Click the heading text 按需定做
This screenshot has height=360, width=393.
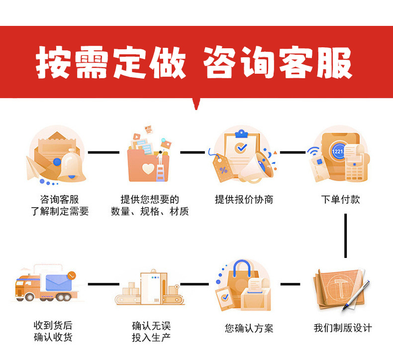pos(110,63)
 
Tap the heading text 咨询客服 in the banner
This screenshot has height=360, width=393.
pos(279,63)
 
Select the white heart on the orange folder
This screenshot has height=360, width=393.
pos(148,168)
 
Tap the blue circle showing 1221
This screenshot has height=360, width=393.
pos(338,151)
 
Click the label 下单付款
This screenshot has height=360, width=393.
pos(340,200)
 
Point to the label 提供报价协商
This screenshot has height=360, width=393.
pos(244,200)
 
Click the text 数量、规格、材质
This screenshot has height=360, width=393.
pos(150,212)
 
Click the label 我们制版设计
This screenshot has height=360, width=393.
pos(342,328)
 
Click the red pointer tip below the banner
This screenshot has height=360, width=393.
pos(197,106)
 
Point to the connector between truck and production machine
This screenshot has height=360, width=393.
pos(103,284)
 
